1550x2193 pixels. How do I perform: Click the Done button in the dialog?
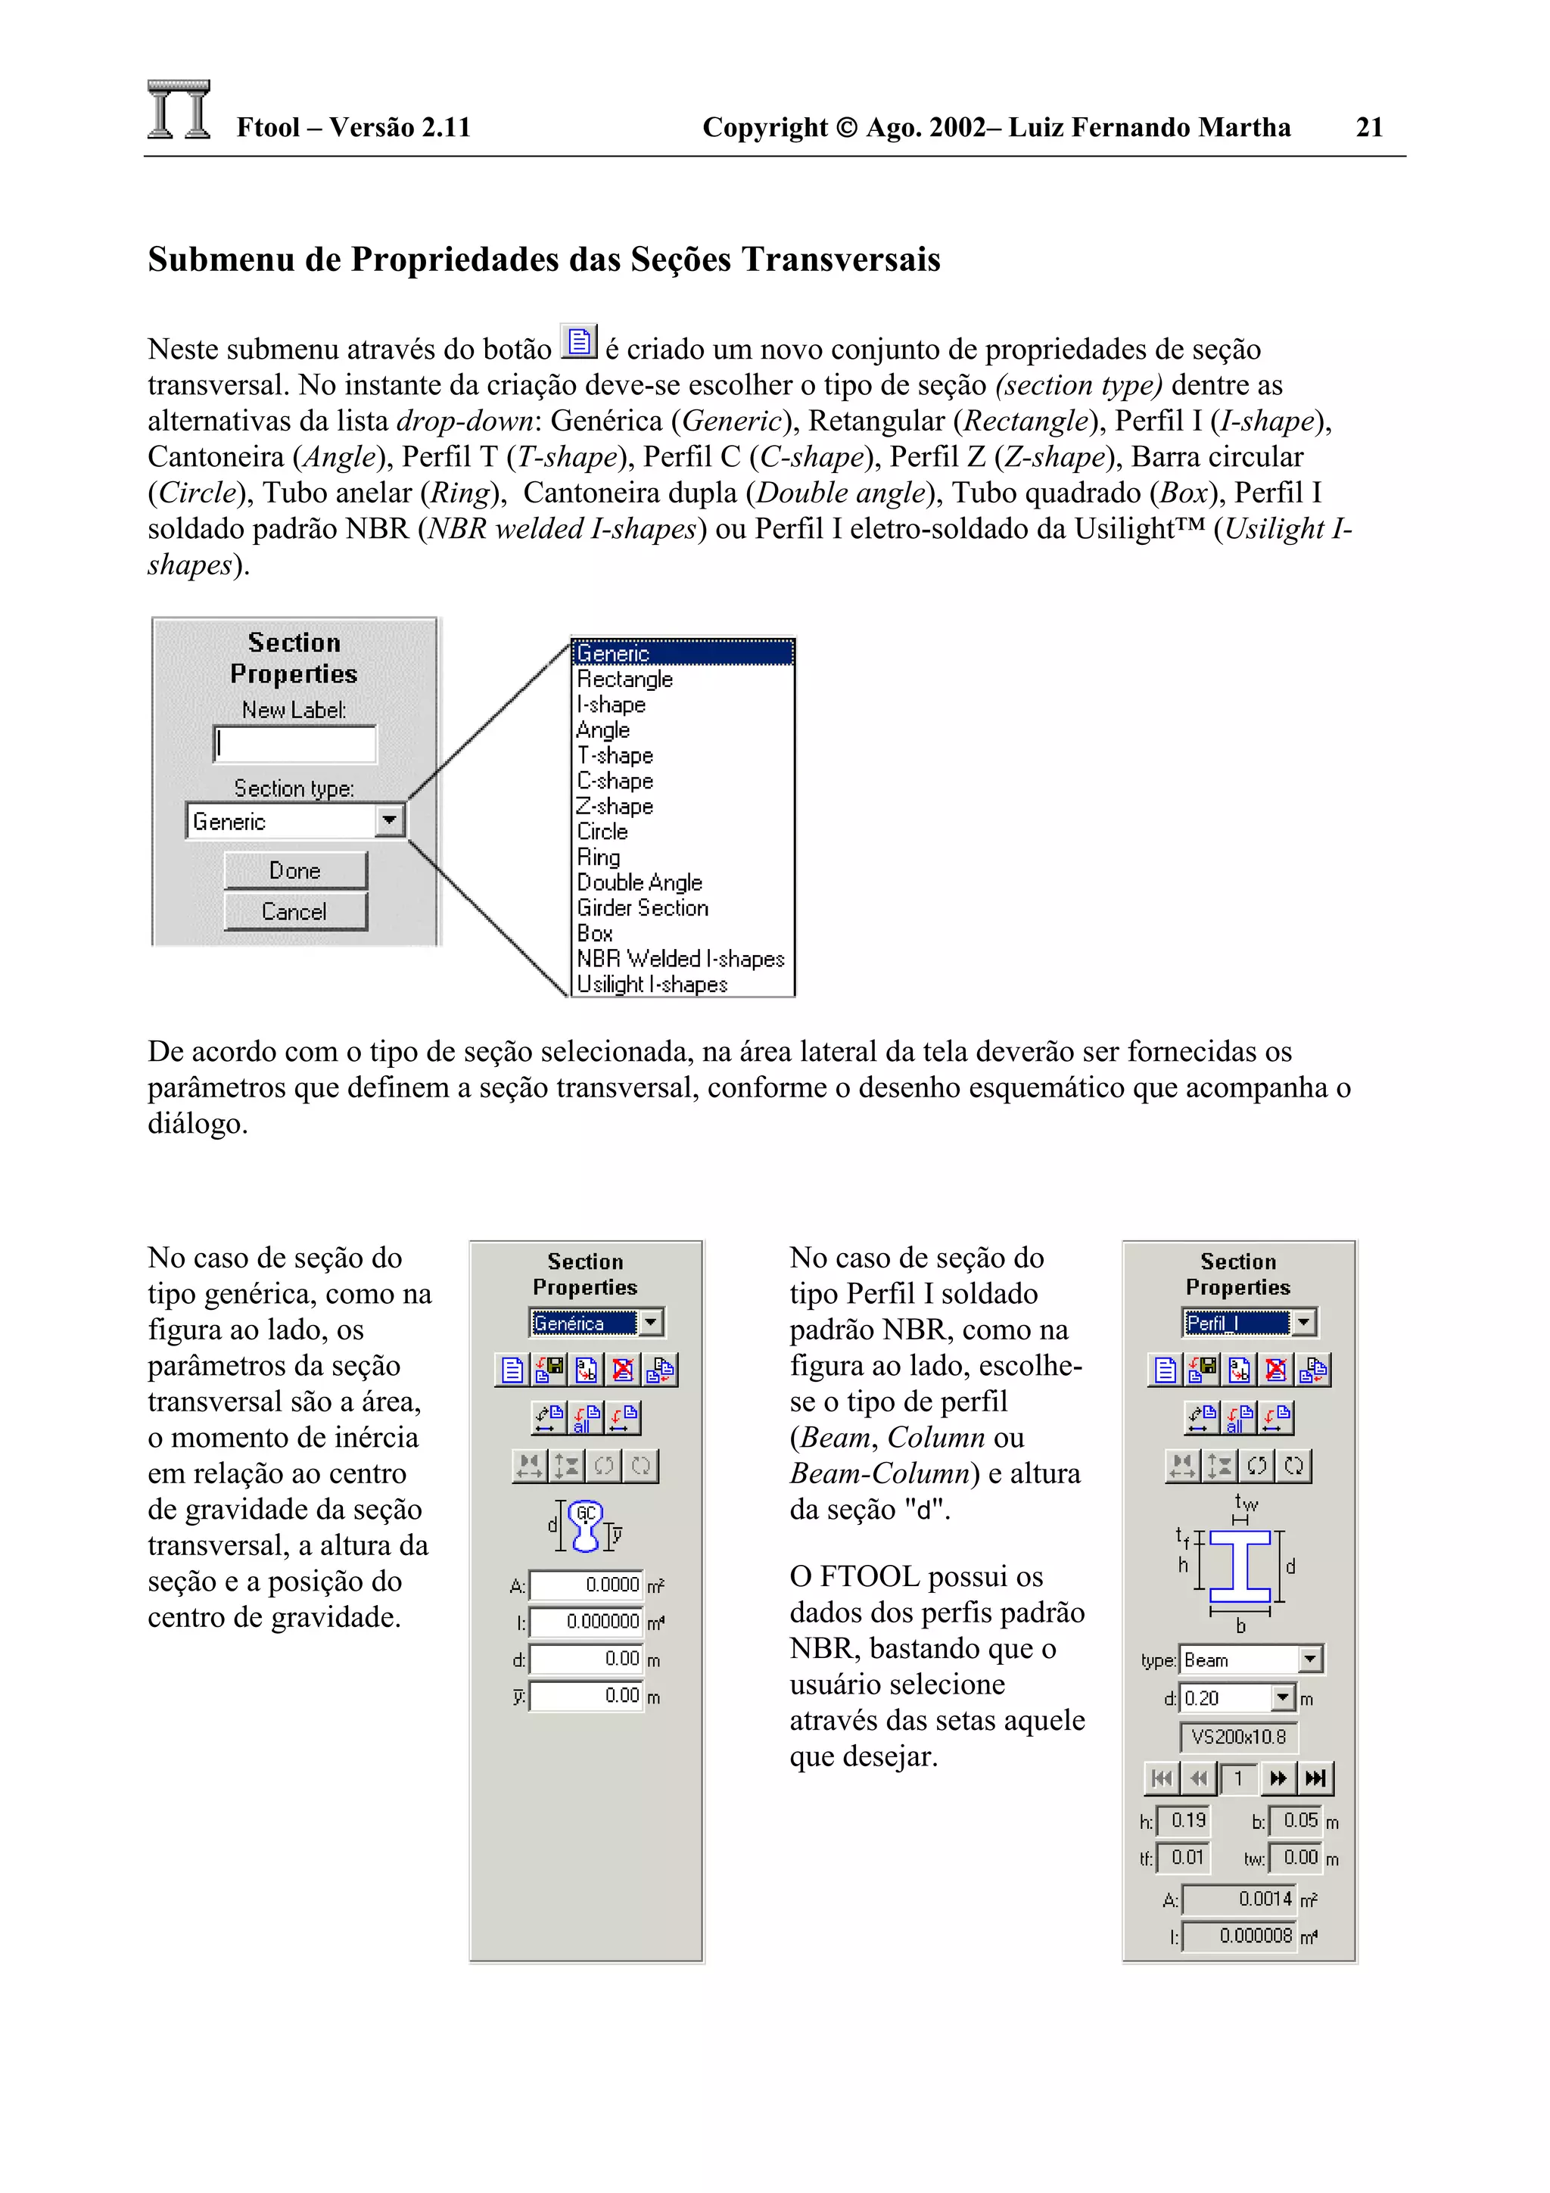pos(295,870)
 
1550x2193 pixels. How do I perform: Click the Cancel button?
pos(295,911)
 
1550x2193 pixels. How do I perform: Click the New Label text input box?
pos(295,744)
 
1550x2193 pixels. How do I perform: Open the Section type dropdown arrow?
pos(390,820)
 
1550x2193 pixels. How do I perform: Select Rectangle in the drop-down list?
pos(624,679)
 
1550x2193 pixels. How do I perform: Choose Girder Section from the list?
pos(643,908)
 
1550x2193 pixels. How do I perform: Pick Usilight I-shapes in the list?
pos(652,984)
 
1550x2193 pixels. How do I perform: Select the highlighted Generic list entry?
pos(681,653)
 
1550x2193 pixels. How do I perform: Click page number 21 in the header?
pos(1368,127)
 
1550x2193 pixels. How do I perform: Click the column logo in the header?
pos(179,110)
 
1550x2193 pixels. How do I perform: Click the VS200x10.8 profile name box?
pos(1239,1737)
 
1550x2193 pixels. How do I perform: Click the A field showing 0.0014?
pos(1239,1899)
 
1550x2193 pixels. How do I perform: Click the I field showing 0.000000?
pos(587,1622)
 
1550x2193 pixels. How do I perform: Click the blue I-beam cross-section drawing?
pos(1240,1566)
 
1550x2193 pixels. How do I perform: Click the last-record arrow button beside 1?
pos(1315,1778)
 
